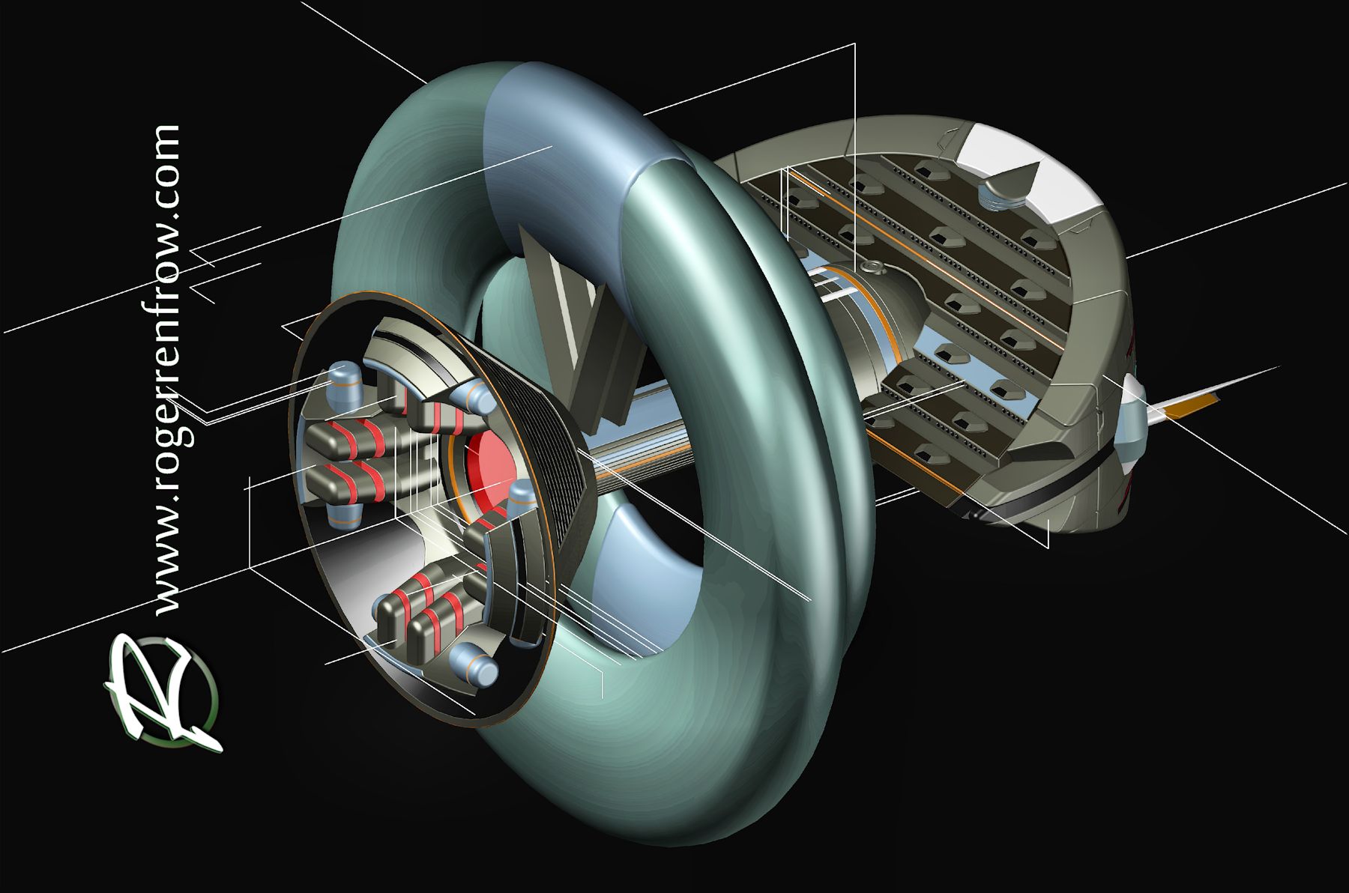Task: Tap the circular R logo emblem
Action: (x=163, y=693)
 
